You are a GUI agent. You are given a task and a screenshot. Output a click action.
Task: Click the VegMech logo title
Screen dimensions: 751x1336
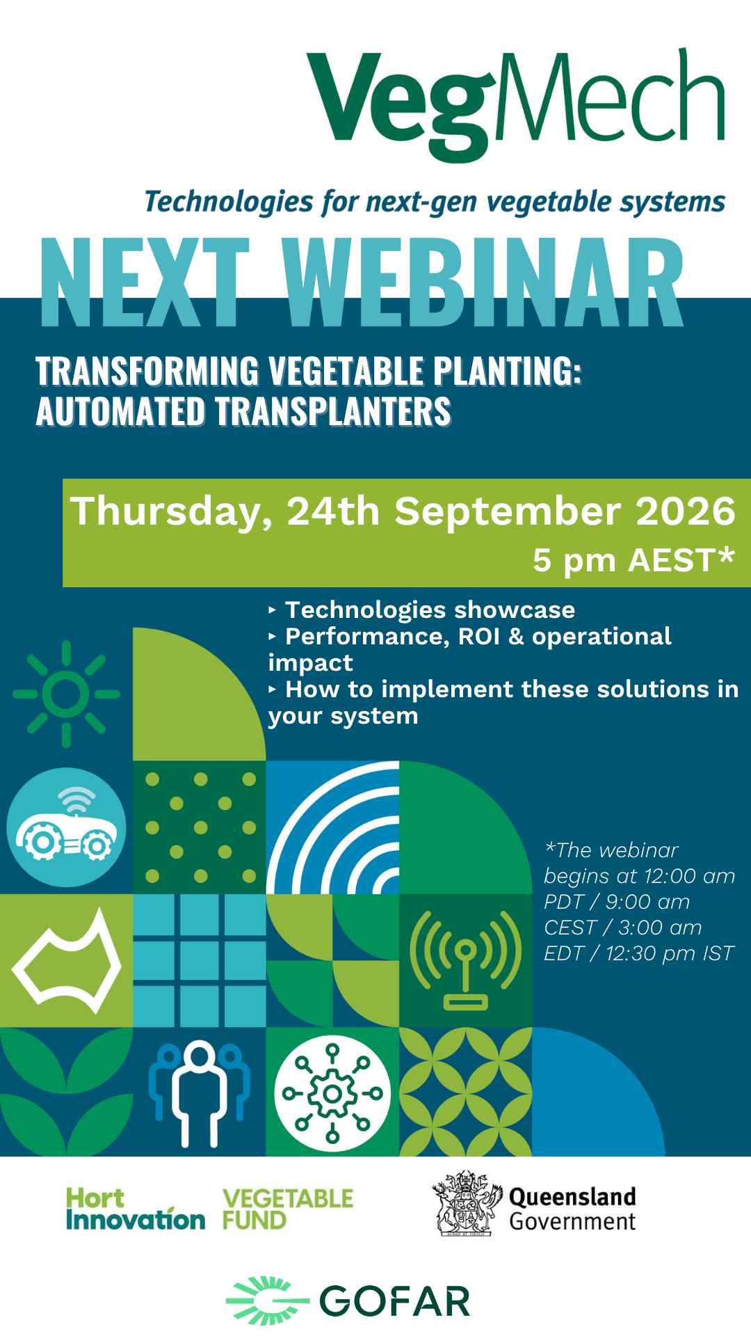tap(516, 104)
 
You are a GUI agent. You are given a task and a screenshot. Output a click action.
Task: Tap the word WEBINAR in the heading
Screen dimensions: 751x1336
tap(483, 282)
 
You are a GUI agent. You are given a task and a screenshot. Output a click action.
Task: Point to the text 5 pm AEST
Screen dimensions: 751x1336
tap(633, 560)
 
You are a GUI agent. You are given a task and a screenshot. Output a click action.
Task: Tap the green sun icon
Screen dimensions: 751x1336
tap(66, 694)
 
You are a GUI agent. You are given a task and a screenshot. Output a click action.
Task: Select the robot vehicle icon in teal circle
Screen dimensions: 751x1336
tap(66, 827)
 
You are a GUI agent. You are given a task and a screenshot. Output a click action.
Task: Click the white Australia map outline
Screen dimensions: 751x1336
tap(67, 961)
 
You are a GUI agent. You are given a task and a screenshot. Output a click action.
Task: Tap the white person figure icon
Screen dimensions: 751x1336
tap(200, 1093)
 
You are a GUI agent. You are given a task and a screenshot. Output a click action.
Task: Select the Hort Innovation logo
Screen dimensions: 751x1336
tap(136, 1209)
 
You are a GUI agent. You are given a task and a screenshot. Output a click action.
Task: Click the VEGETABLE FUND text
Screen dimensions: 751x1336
tap(288, 1209)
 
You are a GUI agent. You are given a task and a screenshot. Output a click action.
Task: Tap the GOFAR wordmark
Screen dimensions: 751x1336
tap(395, 1301)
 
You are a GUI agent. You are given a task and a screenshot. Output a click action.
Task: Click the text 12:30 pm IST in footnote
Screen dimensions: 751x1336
tap(670, 953)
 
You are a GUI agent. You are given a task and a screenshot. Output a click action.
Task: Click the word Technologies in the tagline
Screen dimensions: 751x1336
tap(229, 202)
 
